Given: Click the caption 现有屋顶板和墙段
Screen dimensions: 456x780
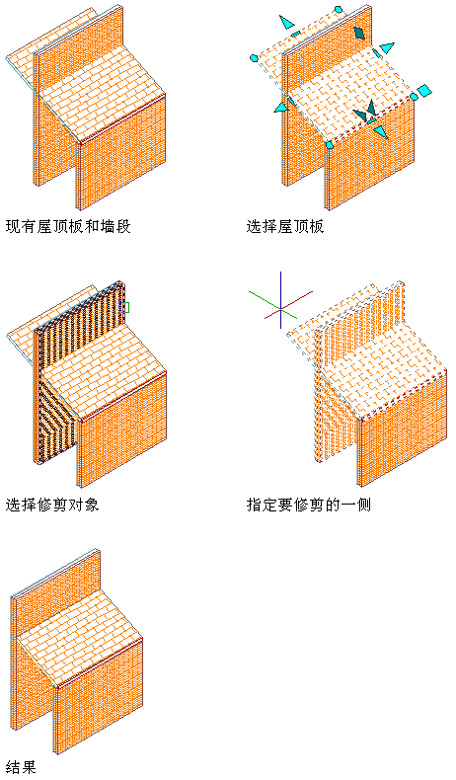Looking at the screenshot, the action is [x=68, y=227].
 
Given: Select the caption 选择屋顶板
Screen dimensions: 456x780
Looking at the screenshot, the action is [x=285, y=227].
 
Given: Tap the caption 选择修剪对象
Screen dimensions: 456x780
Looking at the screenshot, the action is [x=52, y=505].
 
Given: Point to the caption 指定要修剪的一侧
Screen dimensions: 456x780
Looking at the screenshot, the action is [x=309, y=505].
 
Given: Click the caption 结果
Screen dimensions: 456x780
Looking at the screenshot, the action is [x=21, y=766].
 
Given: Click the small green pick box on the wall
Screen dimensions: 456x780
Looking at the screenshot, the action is [x=125, y=308].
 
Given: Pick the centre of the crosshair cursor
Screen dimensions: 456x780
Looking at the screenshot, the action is [x=281, y=309].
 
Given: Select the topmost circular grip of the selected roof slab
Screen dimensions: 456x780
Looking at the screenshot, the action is [x=339, y=10].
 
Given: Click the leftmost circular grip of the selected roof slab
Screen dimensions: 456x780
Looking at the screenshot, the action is [x=254, y=58].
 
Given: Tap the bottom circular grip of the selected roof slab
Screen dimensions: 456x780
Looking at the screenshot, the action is [x=330, y=145].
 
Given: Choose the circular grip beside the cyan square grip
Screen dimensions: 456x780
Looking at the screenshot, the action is [x=414, y=96].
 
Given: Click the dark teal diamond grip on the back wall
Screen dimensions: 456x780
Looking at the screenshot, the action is [x=359, y=33].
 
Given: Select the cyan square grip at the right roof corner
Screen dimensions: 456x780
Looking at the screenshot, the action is [x=424, y=91].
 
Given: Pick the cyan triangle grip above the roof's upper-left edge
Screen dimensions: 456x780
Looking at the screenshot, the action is [x=286, y=23].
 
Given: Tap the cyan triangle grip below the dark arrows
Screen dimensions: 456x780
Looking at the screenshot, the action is [x=380, y=132].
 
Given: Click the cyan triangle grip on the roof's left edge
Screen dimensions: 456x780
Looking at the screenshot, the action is [x=281, y=106].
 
